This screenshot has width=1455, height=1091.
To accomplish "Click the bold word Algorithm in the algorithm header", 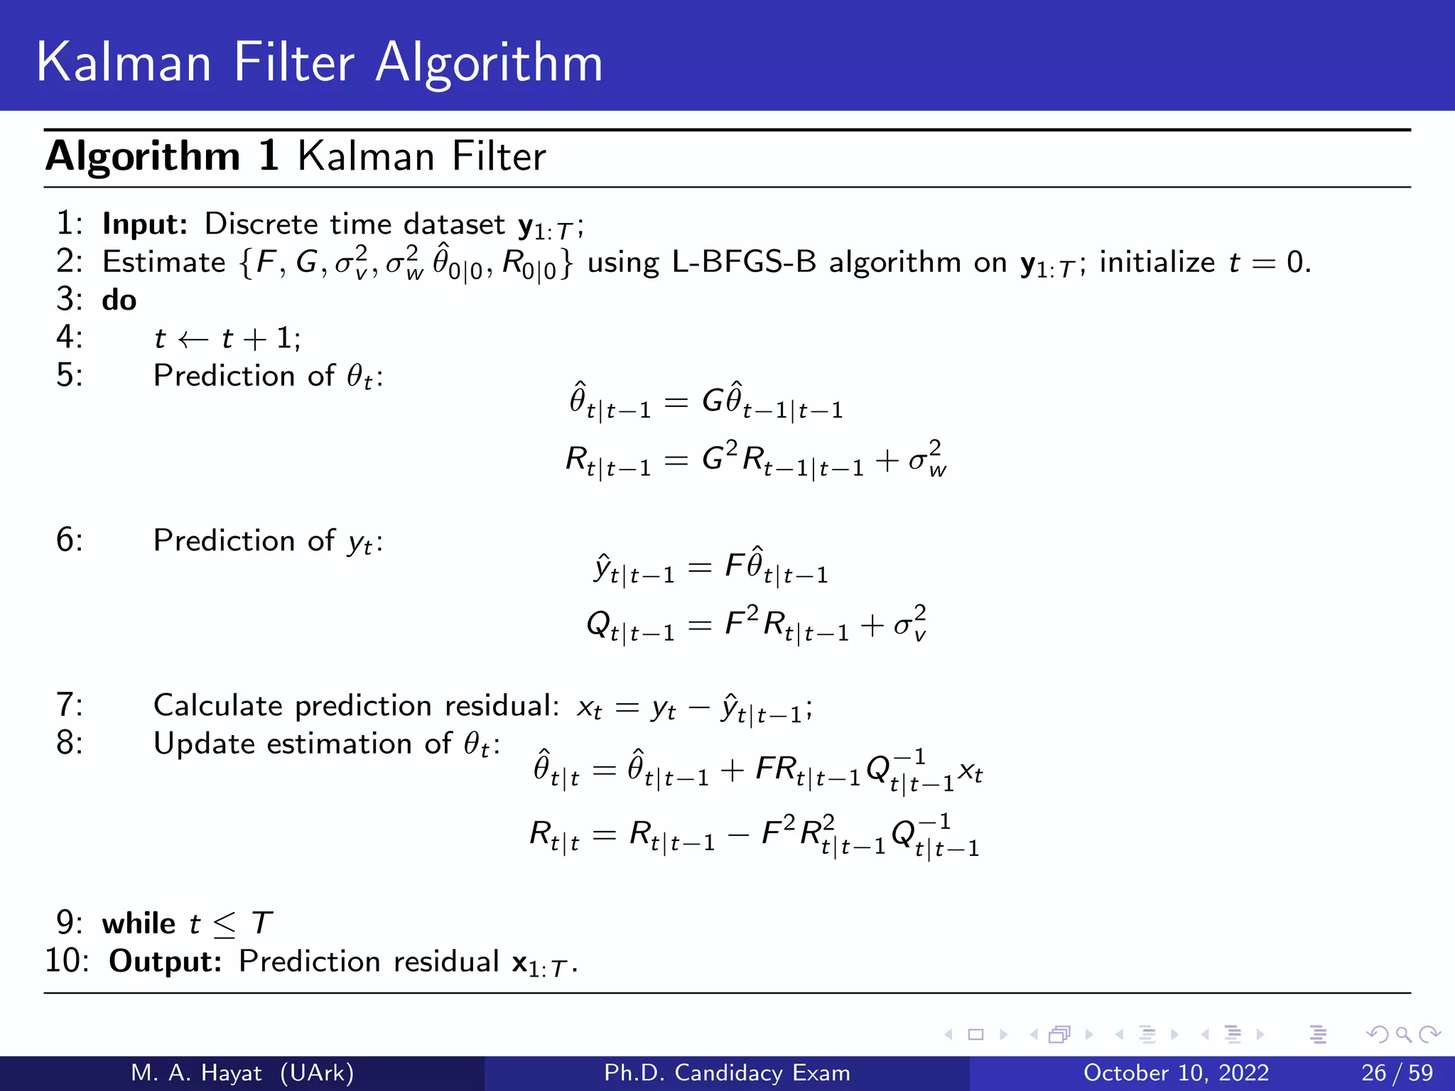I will (x=143, y=156).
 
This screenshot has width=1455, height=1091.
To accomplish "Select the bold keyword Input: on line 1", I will (x=145, y=224).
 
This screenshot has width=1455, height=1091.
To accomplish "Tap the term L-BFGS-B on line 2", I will (x=744, y=263).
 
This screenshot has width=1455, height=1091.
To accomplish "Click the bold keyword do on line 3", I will (x=119, y=300).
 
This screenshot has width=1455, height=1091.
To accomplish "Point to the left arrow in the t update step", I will (x=193, y=340).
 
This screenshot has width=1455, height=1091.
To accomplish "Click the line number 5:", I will (x=70, y=376).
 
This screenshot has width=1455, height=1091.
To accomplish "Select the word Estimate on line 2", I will (x=164, y=263).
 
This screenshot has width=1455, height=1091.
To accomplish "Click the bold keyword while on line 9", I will (x=139, y=923).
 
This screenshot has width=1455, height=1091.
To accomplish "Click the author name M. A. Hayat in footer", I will (x=196, y=1073).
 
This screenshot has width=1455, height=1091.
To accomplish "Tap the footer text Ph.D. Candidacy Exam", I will (x=727, y=1073).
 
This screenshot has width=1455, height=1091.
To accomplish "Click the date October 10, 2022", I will (x=1176, y=1073).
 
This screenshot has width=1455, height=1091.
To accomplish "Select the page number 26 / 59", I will (x=1397, y=1073).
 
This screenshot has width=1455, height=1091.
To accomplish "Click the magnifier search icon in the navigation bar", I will (x=1403, y=1035).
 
